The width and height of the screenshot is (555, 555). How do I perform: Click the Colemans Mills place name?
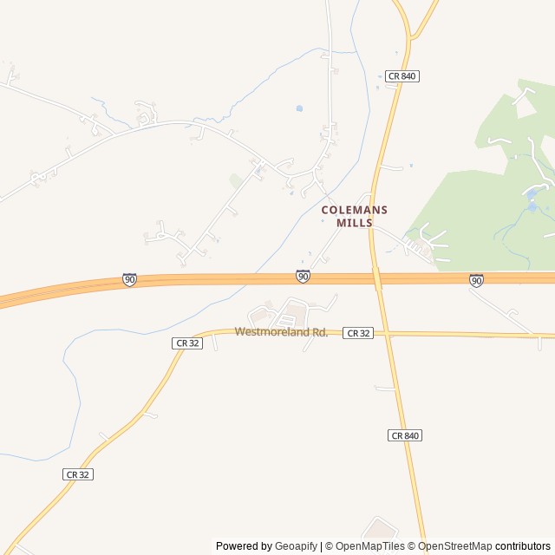tap(355, 216)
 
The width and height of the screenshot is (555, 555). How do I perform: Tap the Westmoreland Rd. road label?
tap(281, 332)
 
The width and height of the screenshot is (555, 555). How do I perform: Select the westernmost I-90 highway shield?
tap(129, 279)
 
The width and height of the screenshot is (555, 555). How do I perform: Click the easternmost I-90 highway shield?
tap(476, 280)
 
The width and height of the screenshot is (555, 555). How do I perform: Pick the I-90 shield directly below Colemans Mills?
tap(303, 276)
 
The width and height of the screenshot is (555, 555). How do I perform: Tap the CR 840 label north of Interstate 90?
tap(403, 76)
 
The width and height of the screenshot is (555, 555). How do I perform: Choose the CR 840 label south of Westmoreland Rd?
tap(405, 435)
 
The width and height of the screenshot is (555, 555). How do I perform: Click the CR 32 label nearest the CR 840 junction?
tap(358, 333)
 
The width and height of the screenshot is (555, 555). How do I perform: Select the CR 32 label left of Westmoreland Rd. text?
tap(188, 343)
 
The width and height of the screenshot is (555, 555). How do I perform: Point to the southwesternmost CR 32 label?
tap(78, 474)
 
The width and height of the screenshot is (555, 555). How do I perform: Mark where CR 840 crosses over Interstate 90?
tap(377, 278)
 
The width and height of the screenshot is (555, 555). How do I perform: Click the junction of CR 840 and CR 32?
tap(384, 333)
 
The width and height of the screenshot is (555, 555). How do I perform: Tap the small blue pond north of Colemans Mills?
tap(299, 108)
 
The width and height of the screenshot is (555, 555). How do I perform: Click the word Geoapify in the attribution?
tap(297, 546)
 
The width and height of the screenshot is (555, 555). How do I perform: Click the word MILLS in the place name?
tap(355, 223)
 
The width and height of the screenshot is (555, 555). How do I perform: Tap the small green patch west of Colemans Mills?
tap(236, 180)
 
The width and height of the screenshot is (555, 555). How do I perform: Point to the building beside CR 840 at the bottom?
tap(380, 530)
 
